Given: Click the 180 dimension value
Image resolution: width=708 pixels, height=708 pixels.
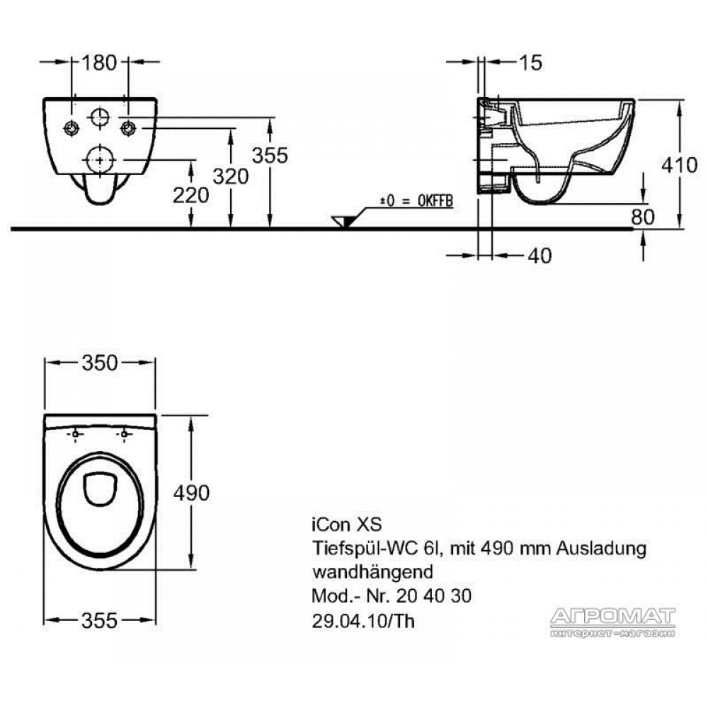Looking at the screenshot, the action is (99, 63).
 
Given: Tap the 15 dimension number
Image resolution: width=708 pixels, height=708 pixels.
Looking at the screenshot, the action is (530, 63).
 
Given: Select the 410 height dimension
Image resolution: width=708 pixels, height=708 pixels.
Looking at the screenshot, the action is (679, 165).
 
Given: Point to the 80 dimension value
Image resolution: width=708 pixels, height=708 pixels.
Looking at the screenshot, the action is (643, 217).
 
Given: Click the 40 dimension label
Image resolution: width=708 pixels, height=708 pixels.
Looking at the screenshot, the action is (539, 256).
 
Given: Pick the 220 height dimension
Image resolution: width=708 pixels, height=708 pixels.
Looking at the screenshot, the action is (191, 195).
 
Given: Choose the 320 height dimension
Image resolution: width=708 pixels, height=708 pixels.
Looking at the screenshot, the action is (231, 176).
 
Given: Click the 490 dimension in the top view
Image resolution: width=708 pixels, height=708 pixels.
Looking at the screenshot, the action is (191, 493).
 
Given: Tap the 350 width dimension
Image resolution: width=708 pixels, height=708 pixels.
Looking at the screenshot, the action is (100, 363).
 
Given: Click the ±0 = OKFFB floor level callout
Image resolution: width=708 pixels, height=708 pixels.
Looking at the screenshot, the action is (416, 201).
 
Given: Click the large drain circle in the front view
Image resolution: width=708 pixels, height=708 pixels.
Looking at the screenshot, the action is (99, 159).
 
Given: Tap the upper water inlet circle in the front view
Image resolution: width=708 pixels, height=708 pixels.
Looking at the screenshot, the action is (100, 118).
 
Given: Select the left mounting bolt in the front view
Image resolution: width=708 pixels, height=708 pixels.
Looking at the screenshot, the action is (72, 129).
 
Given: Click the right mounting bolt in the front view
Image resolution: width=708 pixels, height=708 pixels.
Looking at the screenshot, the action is (128, 129).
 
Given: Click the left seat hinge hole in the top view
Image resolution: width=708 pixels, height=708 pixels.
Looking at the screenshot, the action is (76, 435).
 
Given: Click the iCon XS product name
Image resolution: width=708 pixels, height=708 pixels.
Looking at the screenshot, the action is (347, 525).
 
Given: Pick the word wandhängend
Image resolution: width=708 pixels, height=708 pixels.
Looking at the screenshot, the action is (372, 572).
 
